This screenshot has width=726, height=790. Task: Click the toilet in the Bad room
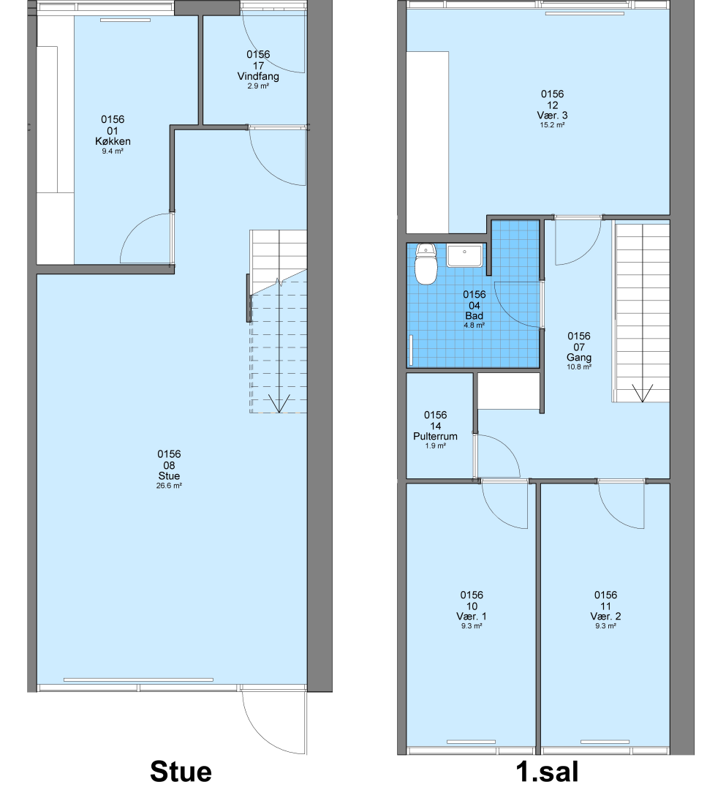tap(426, 264)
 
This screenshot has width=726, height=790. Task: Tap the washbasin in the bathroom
tap(464, 256)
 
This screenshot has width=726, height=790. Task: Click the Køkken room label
tap(113, 142)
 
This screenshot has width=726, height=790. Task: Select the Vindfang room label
tap(258, 77)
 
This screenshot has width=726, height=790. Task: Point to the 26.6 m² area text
tap(169, 486)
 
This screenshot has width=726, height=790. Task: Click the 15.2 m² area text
tap(552, 125)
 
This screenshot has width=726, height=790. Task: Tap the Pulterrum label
tap(436, 436)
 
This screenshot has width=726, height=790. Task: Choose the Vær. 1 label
tap(472, 616)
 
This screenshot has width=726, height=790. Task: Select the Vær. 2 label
tap(605, 616)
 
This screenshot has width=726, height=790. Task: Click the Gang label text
tap(579, 357)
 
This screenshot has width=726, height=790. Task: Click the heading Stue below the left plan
tap(181, 772)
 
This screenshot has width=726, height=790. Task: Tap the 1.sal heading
tap(548, 772)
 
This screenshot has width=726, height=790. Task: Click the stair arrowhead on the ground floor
tap(279, 403)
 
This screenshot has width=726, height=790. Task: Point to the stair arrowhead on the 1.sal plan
tap(642, 393)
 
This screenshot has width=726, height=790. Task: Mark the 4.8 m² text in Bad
tap(474, 326)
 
